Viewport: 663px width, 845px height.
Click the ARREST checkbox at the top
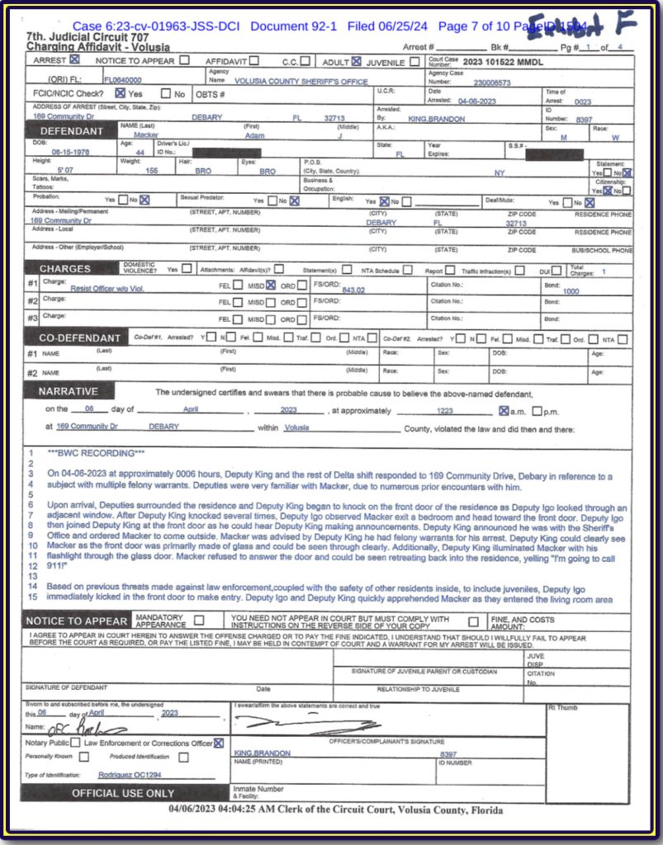[75, 60]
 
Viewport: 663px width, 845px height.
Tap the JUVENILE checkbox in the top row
[414, 61]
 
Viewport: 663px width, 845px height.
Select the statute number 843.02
[353, 290]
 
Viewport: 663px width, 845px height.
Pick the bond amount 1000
[571, 291]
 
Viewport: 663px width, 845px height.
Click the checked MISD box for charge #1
[271, 285]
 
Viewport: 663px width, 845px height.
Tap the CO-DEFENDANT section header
[80, 338]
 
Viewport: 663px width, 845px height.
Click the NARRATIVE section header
[69, 391]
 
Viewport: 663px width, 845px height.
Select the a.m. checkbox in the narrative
[504, 410]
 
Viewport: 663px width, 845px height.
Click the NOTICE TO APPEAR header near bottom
[76, 621]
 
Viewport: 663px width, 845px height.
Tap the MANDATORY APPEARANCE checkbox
[198, 621]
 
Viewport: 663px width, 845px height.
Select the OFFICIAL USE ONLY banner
[123, 793]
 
